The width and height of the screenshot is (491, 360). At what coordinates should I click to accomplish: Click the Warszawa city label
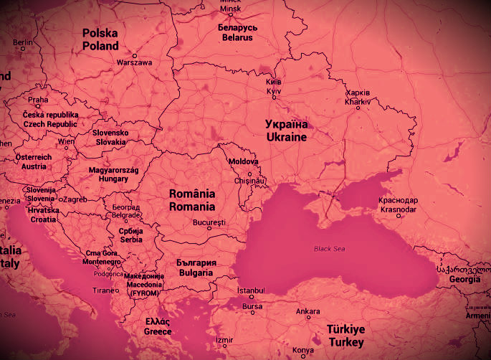pyautogui.click(x=134, y=62)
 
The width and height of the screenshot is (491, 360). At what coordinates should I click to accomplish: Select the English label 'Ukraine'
pyautogui.click(x=286, y=137)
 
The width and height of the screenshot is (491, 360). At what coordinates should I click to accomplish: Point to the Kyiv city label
pyautogui.click(x=274, y=92)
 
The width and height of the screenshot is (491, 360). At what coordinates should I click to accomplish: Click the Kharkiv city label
pyautogui.click(x=357, y=102)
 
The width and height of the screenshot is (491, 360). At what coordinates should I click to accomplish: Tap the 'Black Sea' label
pyautogui.click(x=328, y=249)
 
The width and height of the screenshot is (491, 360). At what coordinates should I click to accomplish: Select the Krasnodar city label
pyautogui.click(x=399, y=209)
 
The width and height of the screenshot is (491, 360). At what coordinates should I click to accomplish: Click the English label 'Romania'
pyautogui.click(x=191, y=207)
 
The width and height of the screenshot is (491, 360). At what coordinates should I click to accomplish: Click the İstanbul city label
pyautogui.click(x=251, y=290)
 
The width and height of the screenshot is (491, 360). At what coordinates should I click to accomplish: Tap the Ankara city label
pyautogui.click(x=308, y=311)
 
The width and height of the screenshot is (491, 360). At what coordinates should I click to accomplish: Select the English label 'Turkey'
pyautogui.click(x=346, y=343)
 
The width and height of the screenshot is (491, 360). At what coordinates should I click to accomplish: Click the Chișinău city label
pyautogui.click(x=251, y=181)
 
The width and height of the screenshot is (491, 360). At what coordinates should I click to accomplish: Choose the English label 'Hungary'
pyautogui.click(x=108, y=179)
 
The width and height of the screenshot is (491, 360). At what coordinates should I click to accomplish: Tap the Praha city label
pyautogui.click(x=38, y=100)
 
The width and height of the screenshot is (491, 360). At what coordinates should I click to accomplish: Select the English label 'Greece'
pyautogui.click(x=157, y=332)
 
